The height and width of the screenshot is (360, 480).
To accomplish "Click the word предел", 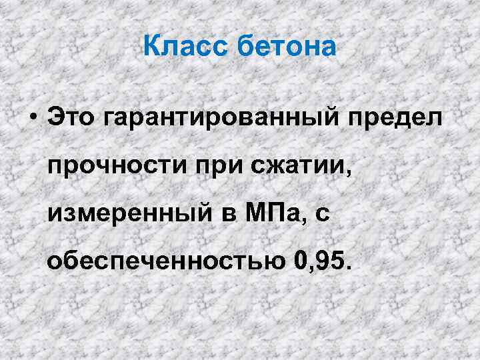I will pyautogui.click(x=399, y=118).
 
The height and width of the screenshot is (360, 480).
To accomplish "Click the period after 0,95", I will pyautogui.click(x=345, y=268).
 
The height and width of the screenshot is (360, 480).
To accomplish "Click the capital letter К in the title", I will pyautogui.click(x=152, y=47).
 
